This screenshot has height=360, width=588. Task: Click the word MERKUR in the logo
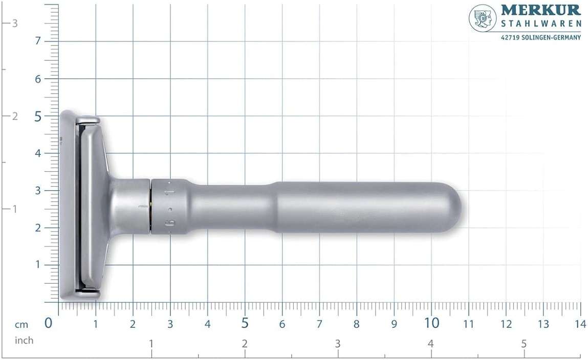[540, 10]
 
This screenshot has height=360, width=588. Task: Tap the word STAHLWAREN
[541, 24]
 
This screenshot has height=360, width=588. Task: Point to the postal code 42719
[510, 37]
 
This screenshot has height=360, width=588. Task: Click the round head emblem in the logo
[483, 18]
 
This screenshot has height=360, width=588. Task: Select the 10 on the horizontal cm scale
[431, 323]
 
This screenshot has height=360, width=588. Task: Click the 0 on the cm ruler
[48, 323]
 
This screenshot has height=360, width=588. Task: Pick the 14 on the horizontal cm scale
[580, 324]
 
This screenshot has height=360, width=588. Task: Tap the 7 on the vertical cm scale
[38, 41]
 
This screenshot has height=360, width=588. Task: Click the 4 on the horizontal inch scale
[430, 343]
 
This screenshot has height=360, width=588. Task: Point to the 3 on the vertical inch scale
[15, 23]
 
